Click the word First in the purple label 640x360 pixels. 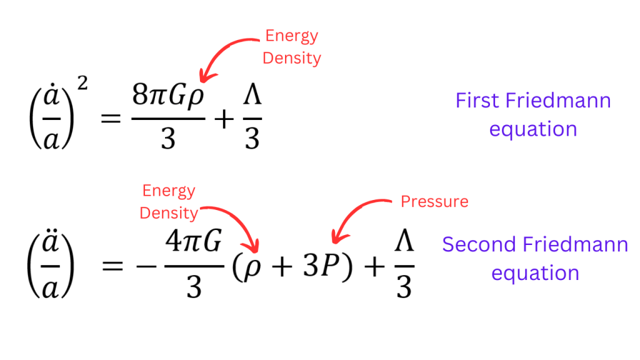click(x=477, y=100)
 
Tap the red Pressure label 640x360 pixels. click(x=434, y=201)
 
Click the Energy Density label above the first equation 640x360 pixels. click(x=291, y=47)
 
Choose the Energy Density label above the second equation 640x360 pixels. click(x=168, y=201)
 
